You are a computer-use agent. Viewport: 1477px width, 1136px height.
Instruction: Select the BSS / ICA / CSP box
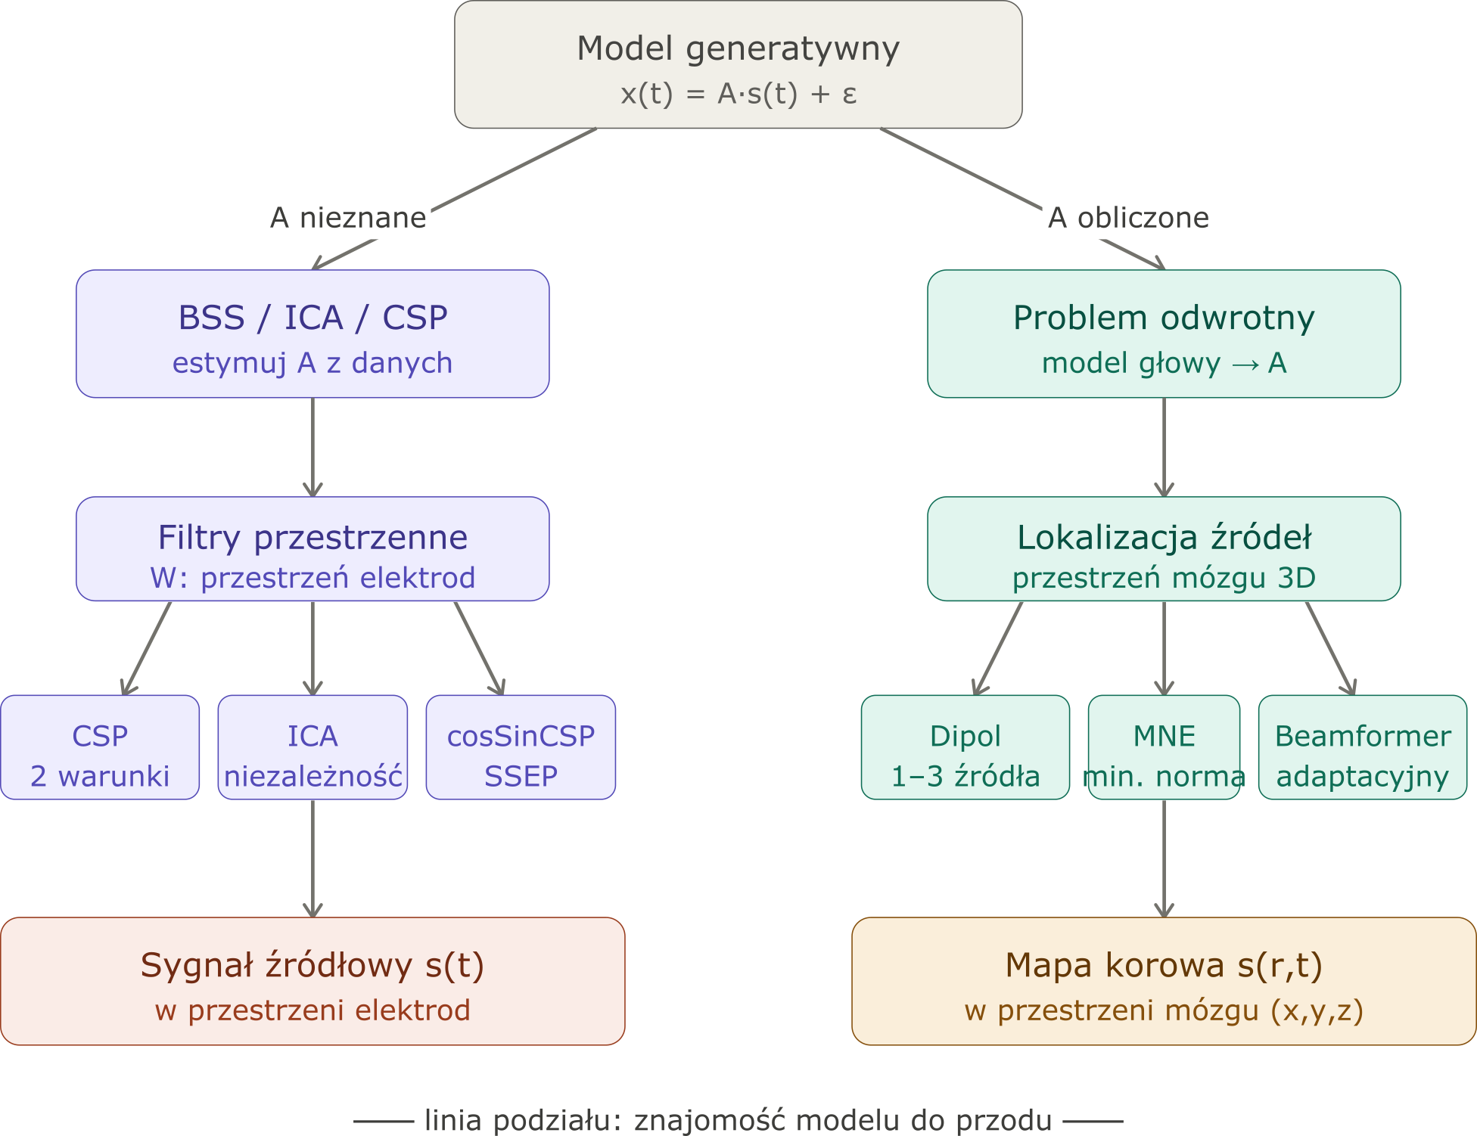tap(313, 334)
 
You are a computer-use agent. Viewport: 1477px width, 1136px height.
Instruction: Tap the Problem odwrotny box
tap(1164, 334)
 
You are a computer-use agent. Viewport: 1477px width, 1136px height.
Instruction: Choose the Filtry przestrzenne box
tap(313, 549)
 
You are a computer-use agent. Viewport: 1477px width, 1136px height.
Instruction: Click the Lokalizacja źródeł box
tap(1164, 549)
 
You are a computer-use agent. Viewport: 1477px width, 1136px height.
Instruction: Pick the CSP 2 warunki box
tap(100, 747)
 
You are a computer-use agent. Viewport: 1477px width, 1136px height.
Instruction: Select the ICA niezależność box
tap(313, 747)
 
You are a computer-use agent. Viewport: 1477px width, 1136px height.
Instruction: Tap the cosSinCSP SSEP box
tap(521, 747)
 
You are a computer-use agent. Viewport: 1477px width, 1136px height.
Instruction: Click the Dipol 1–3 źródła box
tap(965, 747)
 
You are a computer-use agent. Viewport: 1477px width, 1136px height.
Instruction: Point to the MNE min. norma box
tap(1164, 747)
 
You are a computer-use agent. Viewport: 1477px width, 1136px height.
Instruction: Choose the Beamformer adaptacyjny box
tap(1363, 747)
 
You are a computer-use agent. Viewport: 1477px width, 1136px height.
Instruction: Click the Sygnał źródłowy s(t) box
tap(313, 981)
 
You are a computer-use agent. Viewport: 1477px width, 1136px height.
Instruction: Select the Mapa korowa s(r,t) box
tap(1164, 981)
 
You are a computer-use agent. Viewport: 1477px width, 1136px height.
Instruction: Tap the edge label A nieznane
tap(348, 218)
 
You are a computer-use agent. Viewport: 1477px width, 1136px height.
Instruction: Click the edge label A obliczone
tap(1128, 218)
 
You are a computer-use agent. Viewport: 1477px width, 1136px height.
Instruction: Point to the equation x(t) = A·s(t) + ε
tap(738, 94)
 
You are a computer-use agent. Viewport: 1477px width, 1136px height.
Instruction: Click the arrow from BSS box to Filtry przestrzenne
tap(313, 447)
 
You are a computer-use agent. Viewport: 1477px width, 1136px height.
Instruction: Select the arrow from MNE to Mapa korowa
tap(1164, 858)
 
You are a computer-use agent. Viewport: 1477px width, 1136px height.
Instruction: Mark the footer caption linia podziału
tap(738, 1120)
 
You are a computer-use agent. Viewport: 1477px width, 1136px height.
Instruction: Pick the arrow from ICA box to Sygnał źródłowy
tap(313, 858)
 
